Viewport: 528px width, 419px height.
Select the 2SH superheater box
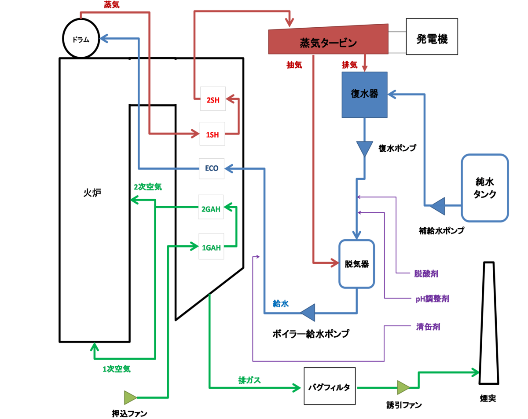213,98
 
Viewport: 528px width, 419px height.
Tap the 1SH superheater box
212,134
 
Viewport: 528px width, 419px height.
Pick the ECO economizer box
212,168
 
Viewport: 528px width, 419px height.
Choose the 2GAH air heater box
211,207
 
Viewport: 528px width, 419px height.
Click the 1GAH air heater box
211,246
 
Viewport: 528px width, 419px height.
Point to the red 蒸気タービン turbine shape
328,39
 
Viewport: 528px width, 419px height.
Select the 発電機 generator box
432,36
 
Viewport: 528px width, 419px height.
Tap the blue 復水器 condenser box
365,95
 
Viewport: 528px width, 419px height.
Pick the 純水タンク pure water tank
485,188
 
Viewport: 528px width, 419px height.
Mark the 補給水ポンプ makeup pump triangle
439,206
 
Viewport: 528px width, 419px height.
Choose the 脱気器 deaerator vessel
356,264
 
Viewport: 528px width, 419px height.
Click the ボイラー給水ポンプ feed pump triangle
308,313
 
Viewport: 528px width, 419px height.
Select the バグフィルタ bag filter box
330,388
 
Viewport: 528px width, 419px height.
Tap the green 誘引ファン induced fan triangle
403,388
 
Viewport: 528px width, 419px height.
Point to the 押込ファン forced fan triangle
131,397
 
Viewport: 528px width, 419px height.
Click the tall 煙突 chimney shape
489,323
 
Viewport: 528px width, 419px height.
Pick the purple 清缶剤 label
428,327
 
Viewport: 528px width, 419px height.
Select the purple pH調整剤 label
433,299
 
